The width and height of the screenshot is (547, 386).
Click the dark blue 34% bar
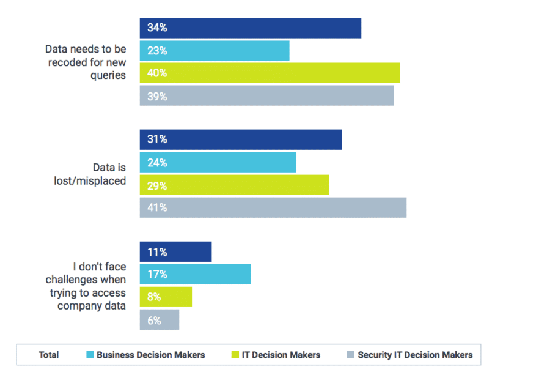click(250, 28)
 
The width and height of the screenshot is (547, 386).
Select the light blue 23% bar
click(214, 51)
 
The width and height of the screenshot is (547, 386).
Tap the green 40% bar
click(270, 73)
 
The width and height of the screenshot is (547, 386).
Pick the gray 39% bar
click(266, 96)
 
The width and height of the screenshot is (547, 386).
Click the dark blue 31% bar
click(240, 139)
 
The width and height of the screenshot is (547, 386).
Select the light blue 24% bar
click(218, 163)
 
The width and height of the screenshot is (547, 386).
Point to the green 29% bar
click(234, 185)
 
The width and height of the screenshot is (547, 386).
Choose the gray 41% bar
click(273, 207)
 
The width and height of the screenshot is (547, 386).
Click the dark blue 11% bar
click(175, 252)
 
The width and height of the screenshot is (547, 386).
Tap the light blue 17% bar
click(195, 275)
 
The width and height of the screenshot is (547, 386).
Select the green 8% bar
click(166, 297)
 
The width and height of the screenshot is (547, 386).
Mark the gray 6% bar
click(159, 319)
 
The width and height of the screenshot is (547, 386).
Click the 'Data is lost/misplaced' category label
click(101, 174)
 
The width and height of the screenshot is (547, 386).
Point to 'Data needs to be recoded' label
click(86, 62)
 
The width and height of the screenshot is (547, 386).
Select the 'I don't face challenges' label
click(92, 286)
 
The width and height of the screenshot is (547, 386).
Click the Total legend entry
click(49, 355)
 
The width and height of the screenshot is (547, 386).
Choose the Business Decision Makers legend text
click(150, 355)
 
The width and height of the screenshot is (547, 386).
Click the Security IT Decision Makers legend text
click(415, 355)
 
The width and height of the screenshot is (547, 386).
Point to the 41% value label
click(156, 207)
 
